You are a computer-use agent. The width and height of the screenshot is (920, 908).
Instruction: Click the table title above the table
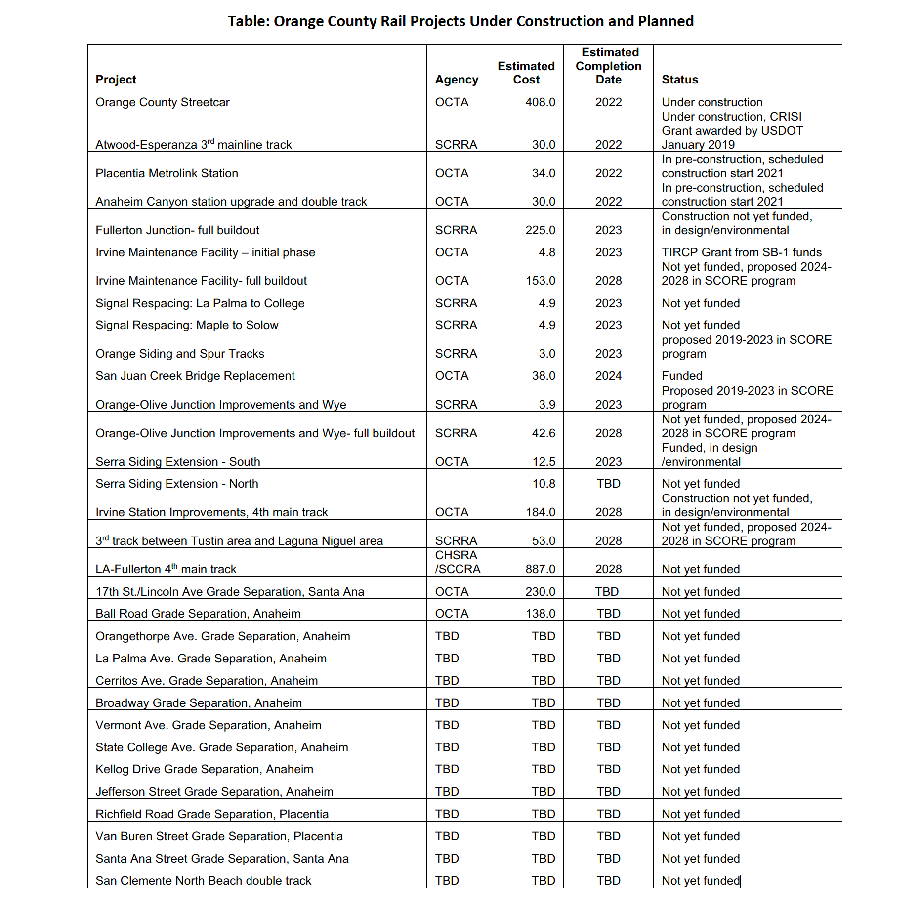coord(460,21)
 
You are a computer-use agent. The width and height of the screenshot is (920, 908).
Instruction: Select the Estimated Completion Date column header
coord(608,66)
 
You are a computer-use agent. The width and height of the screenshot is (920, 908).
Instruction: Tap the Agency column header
coord(456,80)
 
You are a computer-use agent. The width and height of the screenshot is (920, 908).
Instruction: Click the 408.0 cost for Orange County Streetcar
coord(540,102)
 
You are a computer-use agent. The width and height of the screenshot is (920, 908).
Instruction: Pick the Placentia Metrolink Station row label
coord(167,173)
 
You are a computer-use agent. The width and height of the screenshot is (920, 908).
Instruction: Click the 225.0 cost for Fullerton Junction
coord(540,230)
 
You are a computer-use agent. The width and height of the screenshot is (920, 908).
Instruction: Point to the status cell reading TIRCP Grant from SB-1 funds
coord(741,252)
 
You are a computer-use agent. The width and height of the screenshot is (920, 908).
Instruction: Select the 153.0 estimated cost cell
coord(540,281)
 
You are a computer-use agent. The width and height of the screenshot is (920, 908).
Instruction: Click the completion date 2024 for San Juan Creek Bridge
coord(608,376)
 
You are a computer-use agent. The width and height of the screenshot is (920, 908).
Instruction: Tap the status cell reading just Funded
coord(681,376)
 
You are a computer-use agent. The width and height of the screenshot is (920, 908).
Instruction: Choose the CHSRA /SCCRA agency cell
coord(457,562)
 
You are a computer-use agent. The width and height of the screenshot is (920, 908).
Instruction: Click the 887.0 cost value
coord(540,569)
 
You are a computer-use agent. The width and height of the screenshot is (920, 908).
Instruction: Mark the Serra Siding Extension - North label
coord(176,484)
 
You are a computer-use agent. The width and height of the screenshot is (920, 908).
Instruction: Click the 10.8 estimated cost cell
coord(544,484)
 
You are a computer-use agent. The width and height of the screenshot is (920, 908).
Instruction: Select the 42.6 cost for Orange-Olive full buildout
coord(544,433)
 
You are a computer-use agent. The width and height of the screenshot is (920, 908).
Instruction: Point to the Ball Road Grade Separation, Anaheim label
coord(198,614)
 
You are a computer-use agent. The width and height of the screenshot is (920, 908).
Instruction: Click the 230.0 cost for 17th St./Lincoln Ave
coord(540,592)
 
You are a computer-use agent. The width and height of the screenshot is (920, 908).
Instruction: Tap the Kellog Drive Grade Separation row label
coord(204,769)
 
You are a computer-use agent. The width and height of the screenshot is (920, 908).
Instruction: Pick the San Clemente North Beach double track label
coord(203,881)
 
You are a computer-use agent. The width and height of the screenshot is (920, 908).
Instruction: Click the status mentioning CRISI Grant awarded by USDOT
coord(732,131)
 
